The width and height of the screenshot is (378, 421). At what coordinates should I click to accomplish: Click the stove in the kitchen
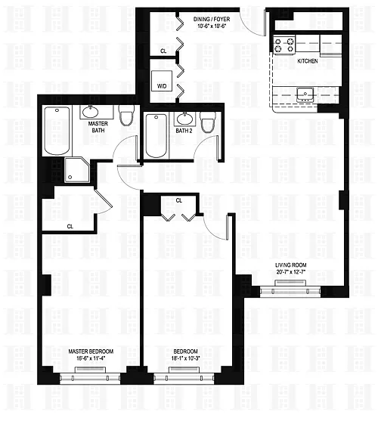[x=284, y=45]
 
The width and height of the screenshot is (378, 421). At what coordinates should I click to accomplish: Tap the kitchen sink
[x=305, y=94]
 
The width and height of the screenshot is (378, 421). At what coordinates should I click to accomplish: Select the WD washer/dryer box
[x=162, y=81]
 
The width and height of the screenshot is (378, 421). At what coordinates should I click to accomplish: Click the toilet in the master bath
[x=126, y=115]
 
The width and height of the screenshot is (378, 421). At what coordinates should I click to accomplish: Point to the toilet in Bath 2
[x=208, y=122]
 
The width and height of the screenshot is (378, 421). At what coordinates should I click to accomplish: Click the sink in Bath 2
[x=184, y=119]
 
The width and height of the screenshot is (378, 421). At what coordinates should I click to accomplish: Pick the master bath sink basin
[x=90, y=112]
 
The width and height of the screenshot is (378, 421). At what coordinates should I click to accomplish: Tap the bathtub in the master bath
[x=57, y=131]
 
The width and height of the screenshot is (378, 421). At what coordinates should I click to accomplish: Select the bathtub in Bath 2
[x=156, y=136]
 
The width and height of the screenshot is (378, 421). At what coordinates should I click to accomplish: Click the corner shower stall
[x=77, y=170]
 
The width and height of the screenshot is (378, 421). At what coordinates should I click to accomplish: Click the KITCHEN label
[x=308, y=61]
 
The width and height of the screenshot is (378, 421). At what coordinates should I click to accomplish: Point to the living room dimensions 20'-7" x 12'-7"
[x=291, y=272]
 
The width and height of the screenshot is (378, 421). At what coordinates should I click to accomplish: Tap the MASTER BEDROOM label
[x=91, y=351]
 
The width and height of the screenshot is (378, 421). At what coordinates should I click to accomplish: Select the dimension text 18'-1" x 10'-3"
[x=185, y=358]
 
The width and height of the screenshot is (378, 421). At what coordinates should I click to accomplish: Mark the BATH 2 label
[x=184, y=131]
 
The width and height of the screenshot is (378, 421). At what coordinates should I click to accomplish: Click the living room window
[x=290, y=291]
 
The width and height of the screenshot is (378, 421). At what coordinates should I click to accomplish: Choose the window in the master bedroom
[x=90, y=378]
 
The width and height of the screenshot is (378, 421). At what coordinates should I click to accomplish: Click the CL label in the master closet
[x=70, y=227]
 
